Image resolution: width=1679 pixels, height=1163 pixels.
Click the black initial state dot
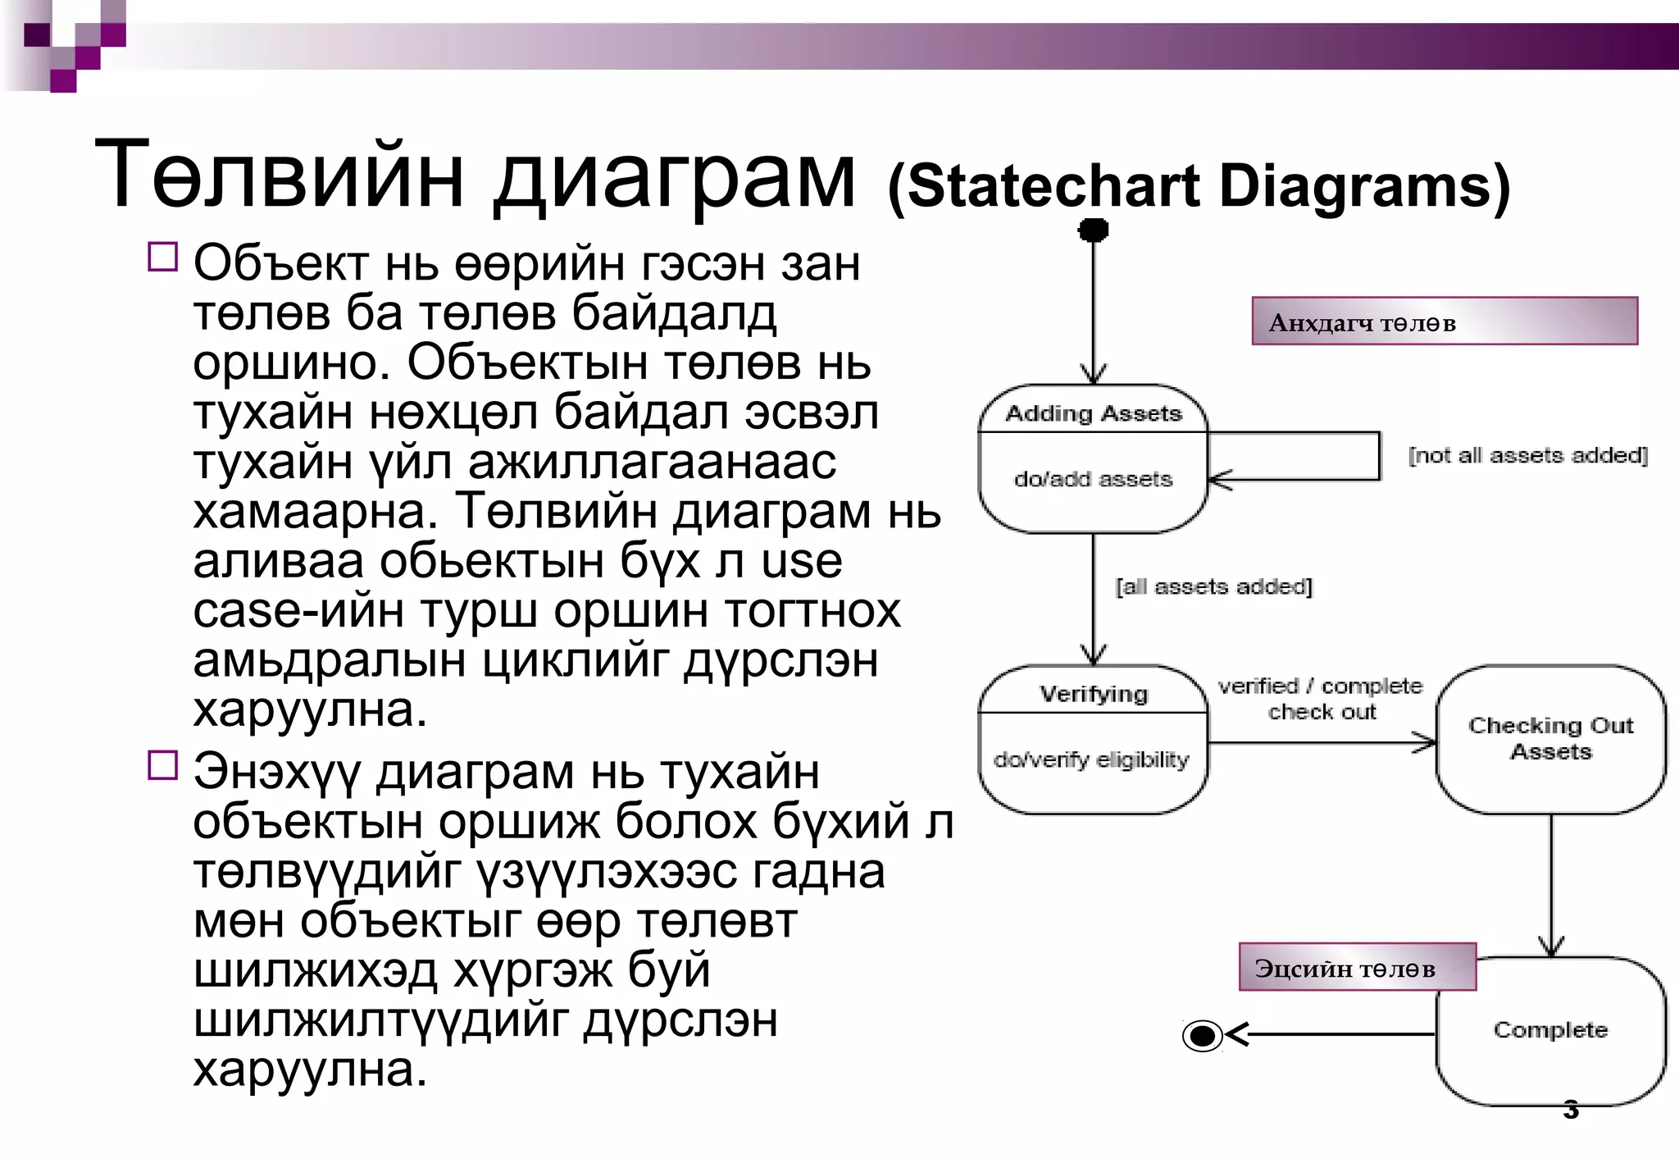1093,230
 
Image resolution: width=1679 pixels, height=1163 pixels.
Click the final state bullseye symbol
1203,1035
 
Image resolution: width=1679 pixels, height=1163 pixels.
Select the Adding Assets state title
1093,413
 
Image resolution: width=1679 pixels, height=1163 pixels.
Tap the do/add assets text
1093,479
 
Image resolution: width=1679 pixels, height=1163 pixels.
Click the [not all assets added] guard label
1527,455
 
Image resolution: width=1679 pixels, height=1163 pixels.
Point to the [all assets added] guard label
1213,586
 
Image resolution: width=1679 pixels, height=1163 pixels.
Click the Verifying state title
1093,694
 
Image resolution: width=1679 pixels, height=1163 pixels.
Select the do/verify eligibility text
1091,759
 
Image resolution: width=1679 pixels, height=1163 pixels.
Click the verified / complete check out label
1321,699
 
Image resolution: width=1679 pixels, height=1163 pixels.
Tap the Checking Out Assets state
1550,738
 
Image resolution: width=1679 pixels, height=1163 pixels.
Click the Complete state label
1550,1030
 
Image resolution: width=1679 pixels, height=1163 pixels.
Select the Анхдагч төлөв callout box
1444,322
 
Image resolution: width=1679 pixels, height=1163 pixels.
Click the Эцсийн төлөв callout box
1357,968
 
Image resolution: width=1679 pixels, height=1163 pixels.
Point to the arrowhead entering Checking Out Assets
1426,743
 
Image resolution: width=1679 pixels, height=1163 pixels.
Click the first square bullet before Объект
163,257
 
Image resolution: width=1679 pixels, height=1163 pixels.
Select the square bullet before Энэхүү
163,764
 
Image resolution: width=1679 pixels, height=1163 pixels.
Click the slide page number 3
1571,1109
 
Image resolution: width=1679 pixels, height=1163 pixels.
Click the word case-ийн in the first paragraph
298,611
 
